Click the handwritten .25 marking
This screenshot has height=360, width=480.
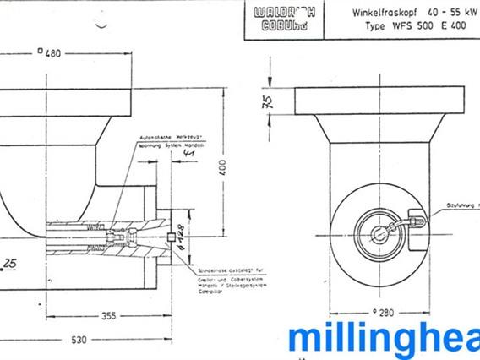pos(10,265)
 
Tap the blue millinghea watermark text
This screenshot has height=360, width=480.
pos(384,341)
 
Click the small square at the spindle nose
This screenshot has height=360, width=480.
pos(170,237)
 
